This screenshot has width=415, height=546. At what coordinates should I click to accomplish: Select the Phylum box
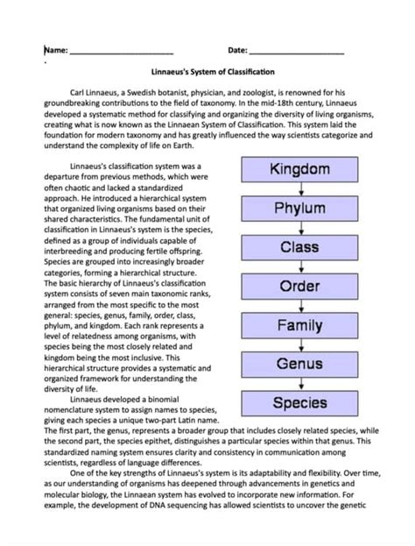point(299,209)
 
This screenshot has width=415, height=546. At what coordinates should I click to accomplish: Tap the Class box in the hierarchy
point(299,247)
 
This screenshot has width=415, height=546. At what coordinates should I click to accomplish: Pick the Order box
point(299,287)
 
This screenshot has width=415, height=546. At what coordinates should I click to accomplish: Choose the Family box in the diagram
point(299,326)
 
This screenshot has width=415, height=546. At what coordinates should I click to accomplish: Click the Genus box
point(299,365)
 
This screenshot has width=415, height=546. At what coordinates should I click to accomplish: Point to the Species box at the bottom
point(299,403)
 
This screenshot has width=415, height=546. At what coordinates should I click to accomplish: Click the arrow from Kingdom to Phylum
point(299,188)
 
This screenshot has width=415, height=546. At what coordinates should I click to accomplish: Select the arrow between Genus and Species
point(299,384)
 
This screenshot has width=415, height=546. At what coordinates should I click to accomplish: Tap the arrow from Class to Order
point(299,267)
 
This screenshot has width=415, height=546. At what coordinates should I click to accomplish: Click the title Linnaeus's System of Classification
point(208,73)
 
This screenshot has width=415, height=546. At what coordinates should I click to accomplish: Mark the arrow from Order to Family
point(299,306)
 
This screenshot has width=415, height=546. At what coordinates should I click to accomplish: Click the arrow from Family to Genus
point(299,345)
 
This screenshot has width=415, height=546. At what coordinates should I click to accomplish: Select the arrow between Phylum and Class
point(299,228)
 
